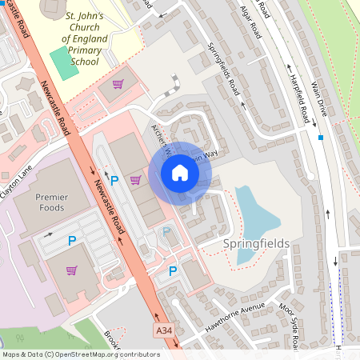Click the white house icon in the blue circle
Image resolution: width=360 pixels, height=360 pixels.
pyautogui.click(x=180, y=172)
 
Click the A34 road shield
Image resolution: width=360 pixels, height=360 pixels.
pyautogui.click(x=164, y=330)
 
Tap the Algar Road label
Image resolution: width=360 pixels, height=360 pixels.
pyautogui.click(x=250, y=22)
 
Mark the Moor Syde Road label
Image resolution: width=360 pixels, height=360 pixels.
pyautogui.click(x=288, y=323)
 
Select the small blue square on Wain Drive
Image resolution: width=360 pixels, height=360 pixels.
pyautogui.click(x=321, y=138)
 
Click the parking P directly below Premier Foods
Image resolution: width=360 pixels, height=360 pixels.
pyautogui.click(x=72, y=240)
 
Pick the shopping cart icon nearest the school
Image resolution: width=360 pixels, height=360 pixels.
pyautogui.click(x=118, y=84)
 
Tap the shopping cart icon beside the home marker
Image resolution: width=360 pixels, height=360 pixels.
pyautogui.click(x=135, y=180)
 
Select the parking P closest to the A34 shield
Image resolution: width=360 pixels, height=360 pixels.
pyautogui.click(x=172, y=271)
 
